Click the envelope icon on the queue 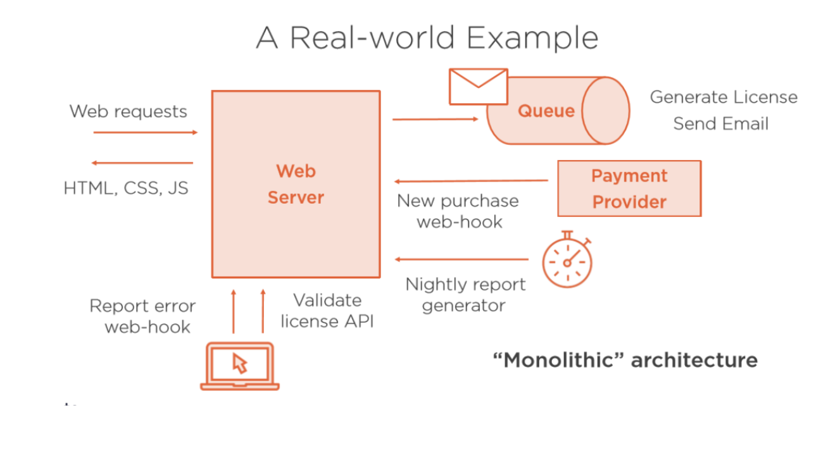478,86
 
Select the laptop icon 240,366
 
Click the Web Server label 296,184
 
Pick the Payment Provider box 629,189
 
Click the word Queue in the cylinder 546,111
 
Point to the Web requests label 129,111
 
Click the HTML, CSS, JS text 126,188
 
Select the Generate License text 724,97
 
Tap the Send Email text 720,123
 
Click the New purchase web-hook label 458,211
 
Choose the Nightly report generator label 465,295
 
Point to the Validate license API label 327,311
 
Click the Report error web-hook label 142,316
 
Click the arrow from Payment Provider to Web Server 471,181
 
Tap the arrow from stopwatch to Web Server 461,259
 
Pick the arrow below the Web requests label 146,132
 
